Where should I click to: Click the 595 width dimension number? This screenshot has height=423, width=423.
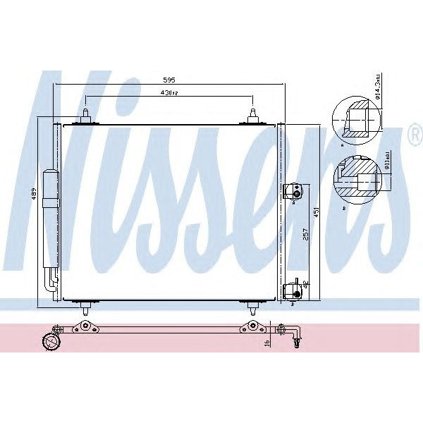169,80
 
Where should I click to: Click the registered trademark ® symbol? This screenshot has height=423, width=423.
414,131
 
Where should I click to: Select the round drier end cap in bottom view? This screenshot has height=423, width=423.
51,343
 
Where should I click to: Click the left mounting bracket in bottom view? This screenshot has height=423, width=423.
85,326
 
